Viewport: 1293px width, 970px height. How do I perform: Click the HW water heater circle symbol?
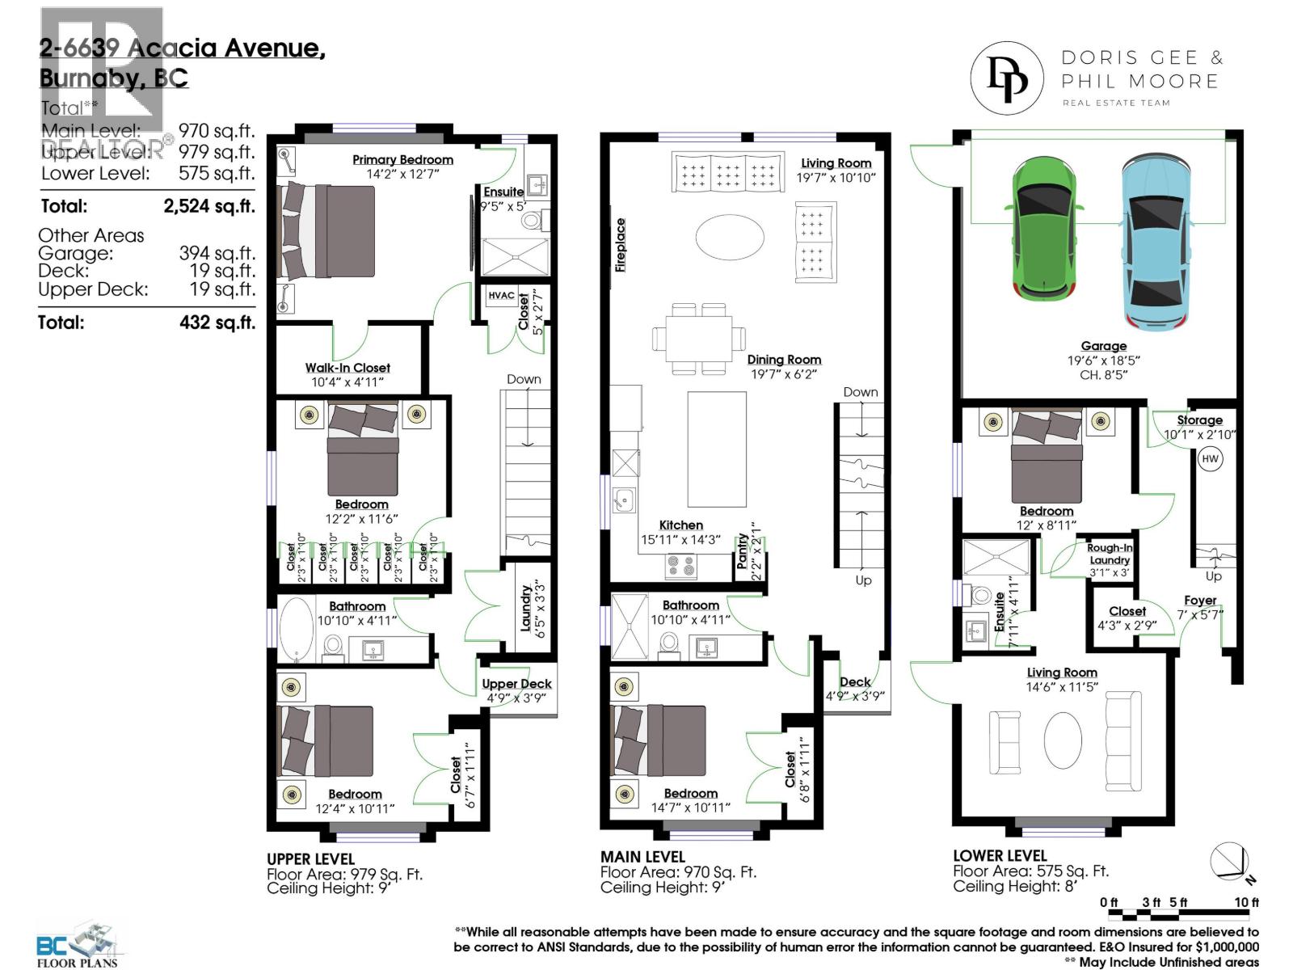tap(1210, 459)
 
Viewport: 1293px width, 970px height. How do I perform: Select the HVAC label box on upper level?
tap(501, 296)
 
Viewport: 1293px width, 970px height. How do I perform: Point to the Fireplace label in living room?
tap(621, 244)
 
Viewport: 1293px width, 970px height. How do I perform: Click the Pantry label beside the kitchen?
tap(743, 551)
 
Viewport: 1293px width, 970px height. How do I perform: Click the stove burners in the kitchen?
tap(680, 566)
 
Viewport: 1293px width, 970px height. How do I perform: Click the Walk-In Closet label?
tap(347, 368)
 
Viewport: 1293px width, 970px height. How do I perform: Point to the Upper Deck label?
tap(516, 684)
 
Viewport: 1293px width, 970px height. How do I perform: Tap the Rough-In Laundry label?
tap(1110, 554)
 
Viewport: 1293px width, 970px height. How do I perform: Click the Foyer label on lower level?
tap(1200, 601)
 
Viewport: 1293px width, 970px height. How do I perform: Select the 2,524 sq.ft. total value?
tap(208, 206)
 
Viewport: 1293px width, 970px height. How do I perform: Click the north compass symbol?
tap(1229, 862)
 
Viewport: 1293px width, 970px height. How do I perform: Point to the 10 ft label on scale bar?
tap(1246, 902)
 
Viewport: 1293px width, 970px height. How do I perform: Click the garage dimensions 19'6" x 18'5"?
tap(1103, 361)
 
